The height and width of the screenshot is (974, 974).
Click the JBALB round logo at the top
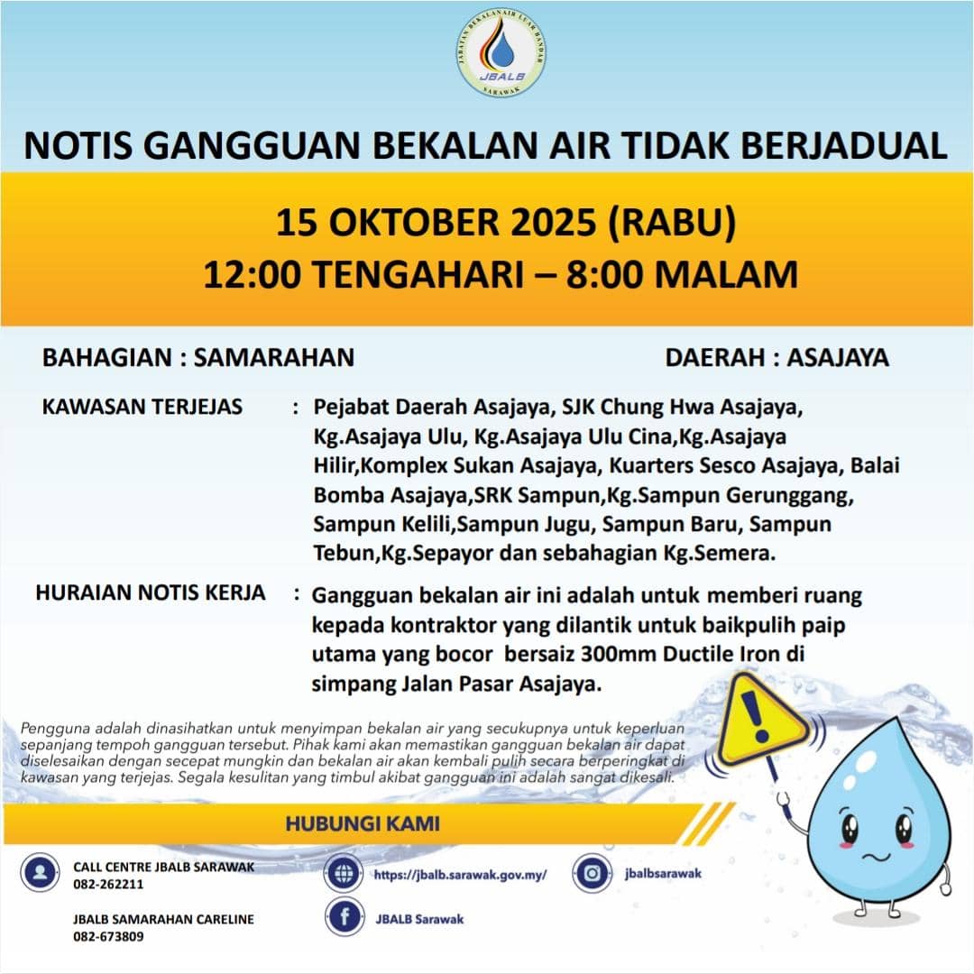(x=501, y=54)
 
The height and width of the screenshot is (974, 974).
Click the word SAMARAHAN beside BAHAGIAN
(x=274, y=357)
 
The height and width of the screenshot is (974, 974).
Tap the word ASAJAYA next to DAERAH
(x=838, y=357)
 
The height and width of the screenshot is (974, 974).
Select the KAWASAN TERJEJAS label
(x=142, y=407)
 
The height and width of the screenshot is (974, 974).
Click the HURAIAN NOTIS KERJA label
(x=151, y=593)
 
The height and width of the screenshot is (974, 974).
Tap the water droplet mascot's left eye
(x=850, y=827)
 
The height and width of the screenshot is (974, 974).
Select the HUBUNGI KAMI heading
(x=363, y=823)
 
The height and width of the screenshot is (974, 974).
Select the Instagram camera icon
(x=592, y=873)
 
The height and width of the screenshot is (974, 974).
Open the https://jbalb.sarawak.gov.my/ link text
(x=460, y=875)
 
